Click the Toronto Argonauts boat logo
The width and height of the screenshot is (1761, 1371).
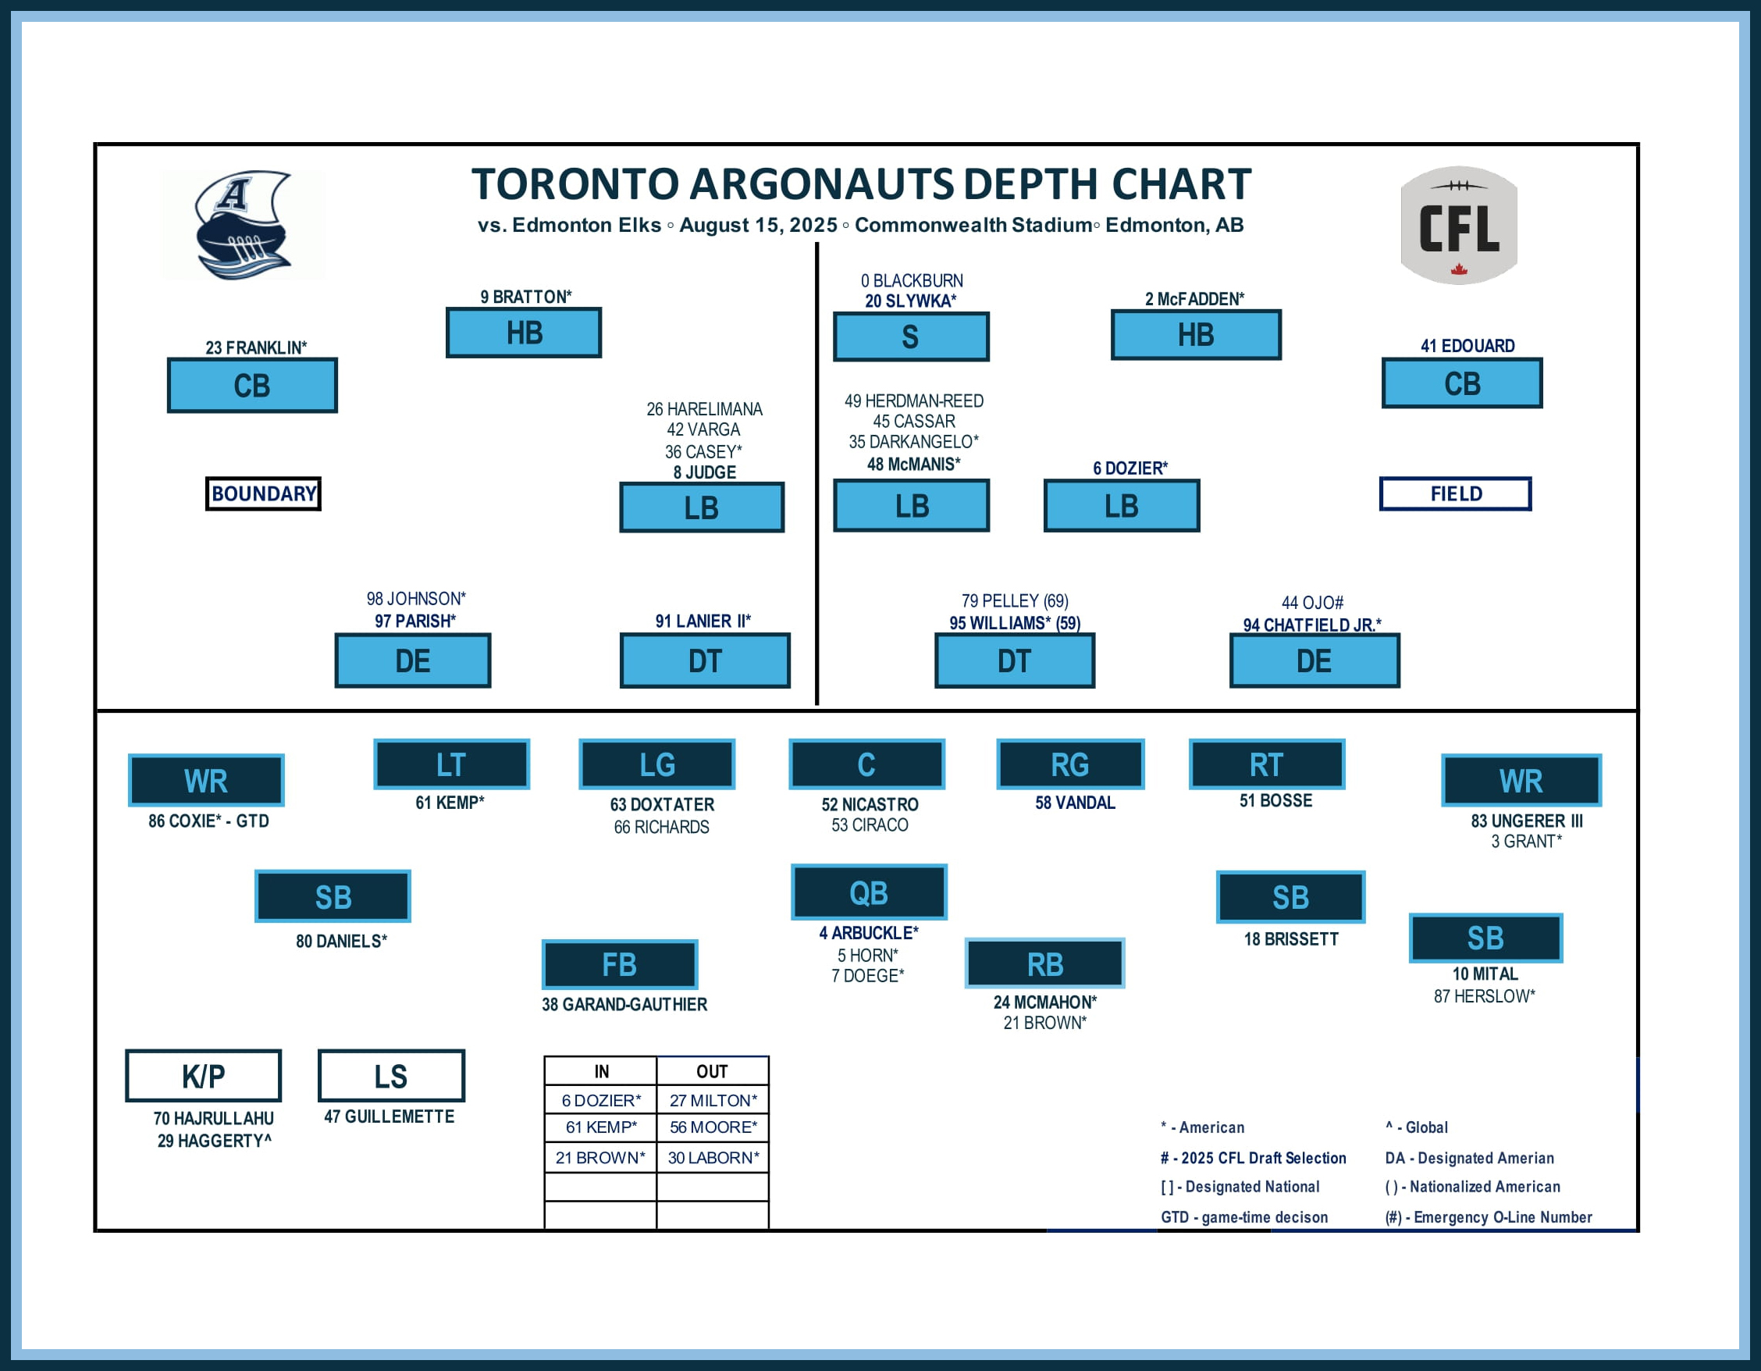point(244,225)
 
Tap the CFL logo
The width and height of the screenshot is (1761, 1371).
point(1459,225)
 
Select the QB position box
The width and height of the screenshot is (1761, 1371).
point(869,892)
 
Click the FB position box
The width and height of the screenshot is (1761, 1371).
point(619,964)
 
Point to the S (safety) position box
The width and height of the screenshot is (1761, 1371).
point(910,337)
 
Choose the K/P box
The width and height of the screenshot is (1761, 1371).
point(203,1076)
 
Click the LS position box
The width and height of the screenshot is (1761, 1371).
point(391,1076)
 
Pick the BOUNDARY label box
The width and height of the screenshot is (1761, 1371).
point(263,493)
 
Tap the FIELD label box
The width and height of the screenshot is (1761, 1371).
point(1456,493)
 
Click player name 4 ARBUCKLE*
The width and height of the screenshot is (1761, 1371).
point(869,933)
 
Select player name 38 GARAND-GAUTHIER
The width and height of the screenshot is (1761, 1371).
point(624,1005)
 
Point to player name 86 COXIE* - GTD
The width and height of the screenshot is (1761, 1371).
point(208,821)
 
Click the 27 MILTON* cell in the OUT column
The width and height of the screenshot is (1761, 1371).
point(713,1100)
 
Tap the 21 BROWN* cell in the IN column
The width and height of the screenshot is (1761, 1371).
point(600,1157)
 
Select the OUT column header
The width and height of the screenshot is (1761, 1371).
point(712,1071)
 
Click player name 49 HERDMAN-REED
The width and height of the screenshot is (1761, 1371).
point(913,401)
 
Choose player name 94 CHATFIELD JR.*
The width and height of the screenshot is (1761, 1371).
point(1312,625)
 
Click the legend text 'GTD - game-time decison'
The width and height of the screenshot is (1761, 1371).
point(1244,1217)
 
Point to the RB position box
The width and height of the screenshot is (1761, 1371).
point(1045,963)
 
